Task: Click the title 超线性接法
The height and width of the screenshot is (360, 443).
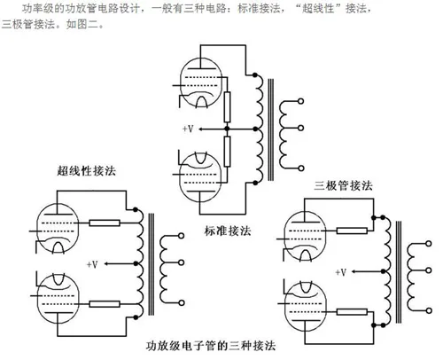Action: (x=87, y=171)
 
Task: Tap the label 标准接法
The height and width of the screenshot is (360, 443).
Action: (x=228, y=231)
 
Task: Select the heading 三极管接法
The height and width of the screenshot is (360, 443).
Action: (x=343, y=186)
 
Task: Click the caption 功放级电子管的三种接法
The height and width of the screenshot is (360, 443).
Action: (x=211, y=346)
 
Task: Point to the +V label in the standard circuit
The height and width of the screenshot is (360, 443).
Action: (x=188, y=129)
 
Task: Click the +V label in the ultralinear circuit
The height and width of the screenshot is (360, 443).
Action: (x=92, y=264)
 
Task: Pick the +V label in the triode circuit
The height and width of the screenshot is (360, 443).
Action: (x=341, y=272)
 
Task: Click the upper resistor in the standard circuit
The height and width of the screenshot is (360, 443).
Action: (x=227, y=107)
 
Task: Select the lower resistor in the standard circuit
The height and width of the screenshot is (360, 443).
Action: (x=227, y=152)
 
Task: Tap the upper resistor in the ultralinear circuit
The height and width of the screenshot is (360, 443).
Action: (x=105, y=223)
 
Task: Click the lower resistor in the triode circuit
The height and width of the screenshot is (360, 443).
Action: (x=352, y=311)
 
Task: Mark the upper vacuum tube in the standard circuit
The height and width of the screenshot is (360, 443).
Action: (x=201, y=82)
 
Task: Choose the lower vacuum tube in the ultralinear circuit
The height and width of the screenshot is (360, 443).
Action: (x=58, y=299)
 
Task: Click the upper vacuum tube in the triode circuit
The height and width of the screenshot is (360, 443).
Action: (x=305, y=237)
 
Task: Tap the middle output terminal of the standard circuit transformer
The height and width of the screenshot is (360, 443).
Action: (x=300, y=128)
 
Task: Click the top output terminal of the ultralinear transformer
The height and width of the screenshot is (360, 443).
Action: (x=182, y=236)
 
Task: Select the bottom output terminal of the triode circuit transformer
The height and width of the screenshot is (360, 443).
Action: (x=429, y=310)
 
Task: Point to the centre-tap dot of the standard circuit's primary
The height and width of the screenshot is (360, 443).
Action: (x=256, y=129)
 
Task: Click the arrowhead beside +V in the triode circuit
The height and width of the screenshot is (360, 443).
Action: (x=354, y=271)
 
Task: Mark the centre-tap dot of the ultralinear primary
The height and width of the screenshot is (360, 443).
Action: (x=136, y=263)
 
